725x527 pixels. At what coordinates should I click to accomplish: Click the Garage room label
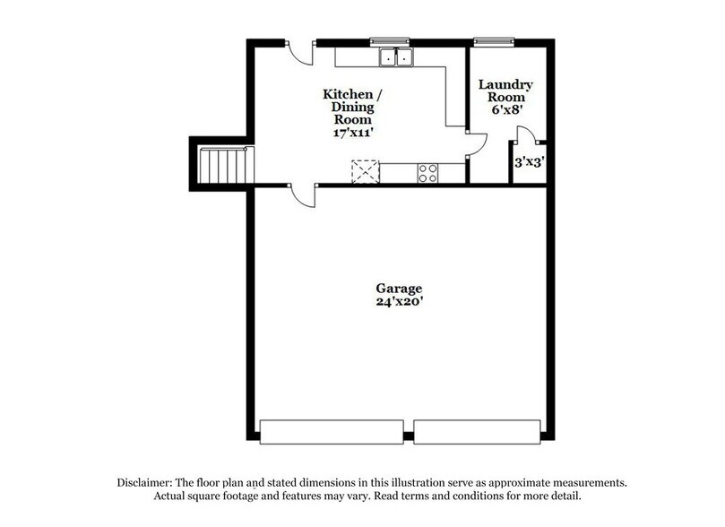pos(399,289)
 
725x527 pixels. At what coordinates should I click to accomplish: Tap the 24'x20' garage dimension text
pos(399,302)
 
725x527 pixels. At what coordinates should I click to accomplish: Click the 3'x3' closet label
pos(528,163)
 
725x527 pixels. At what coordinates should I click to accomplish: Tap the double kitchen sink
pos(395,57)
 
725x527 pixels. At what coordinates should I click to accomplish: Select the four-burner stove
pos(427,172)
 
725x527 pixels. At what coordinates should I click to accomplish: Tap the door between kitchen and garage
pos(304,194)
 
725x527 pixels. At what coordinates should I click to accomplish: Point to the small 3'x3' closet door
pos(526,136)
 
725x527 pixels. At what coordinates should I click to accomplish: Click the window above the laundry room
pos(494,40)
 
